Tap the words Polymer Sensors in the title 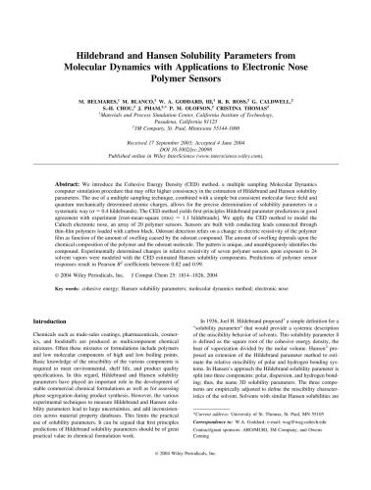pyautogui.click(x=185, y=58)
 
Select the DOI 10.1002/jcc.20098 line pyautogui.click(x=185, y=148)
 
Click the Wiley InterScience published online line pyautogui.click(x=185, y=155)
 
